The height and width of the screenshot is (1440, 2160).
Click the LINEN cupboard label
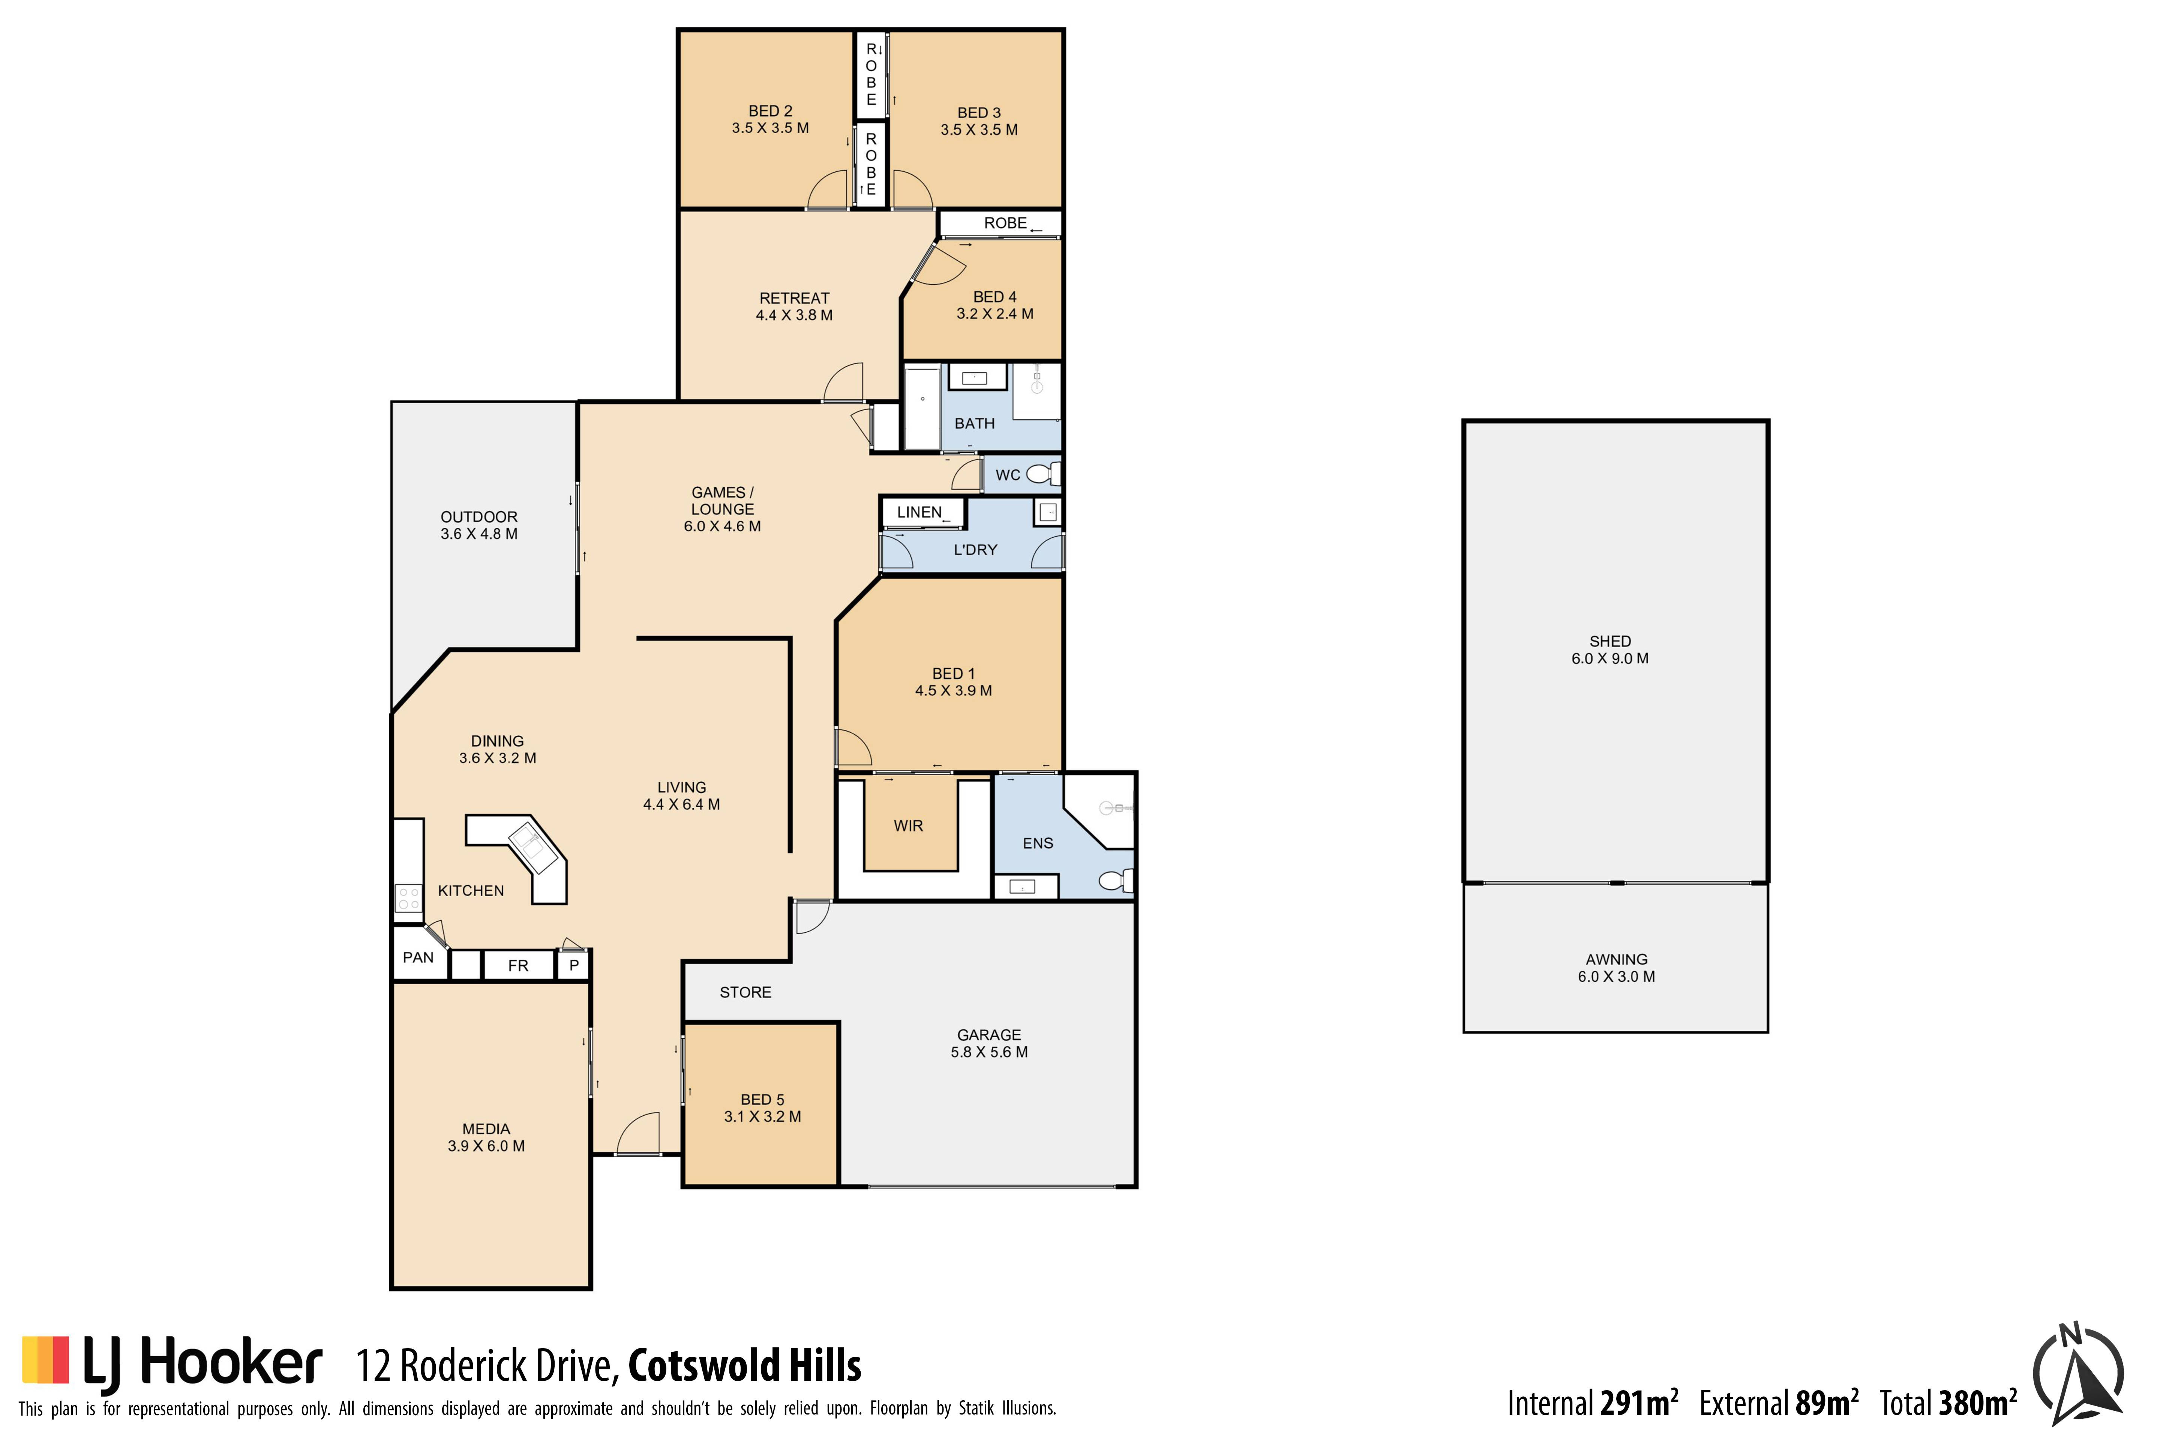(x=919, y=513)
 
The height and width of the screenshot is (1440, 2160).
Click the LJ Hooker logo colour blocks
(x=46, y=1360)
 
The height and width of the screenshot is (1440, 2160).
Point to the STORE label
(x=746, y=993)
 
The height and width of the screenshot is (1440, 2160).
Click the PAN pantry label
(x=418, y=958)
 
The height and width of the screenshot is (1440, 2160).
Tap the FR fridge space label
(x=518, y=966)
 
